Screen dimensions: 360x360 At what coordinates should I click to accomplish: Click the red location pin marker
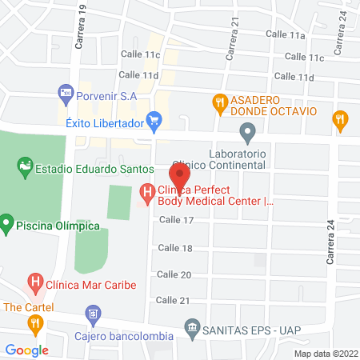pyautogui.click(x=179, y=175)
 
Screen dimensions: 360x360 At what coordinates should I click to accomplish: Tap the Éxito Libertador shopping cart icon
pyautogui.click(x=155, y=123)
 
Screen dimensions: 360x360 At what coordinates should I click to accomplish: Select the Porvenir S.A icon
pyautogui.click(x=66, y=95)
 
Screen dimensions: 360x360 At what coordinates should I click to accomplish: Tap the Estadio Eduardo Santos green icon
pyautogui.click(x=24, y=168)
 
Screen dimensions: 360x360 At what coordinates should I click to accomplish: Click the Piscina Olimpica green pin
pyautogui.click(x=6, y=220)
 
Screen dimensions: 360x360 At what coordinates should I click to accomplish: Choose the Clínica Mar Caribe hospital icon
pyautogui.click(x=35, y=283)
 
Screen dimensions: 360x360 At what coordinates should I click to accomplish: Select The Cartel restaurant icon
pyautogui.click(x=34, y=323)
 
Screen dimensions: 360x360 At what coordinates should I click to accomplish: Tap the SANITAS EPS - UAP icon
pyautogui.click(x=191, y=327)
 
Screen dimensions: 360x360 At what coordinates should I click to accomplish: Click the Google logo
pyautogui.click(x=27, y=350)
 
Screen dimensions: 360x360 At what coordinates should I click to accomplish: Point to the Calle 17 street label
pyautogui.click(x=177, y=220)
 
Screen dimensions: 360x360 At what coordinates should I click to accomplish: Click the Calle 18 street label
pyautogui.click(x=176, y=248)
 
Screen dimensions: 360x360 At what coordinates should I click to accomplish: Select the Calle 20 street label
pyautogui.click(x=174, y=274)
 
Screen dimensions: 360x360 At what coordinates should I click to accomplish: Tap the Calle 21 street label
pyautogui.click(x=173, y=300)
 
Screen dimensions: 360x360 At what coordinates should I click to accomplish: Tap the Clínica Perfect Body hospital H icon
pyautogui.click(x=146, y=192)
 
